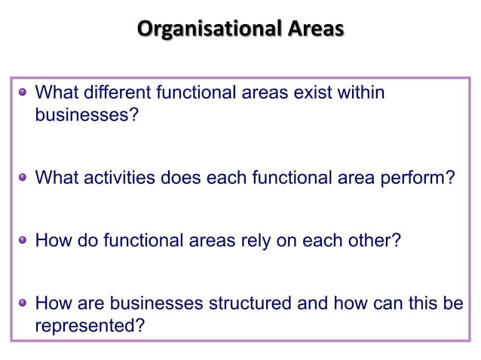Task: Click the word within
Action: coord(361,93)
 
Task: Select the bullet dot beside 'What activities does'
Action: coord(23,178)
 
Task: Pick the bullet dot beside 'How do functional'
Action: coord(23,240)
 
